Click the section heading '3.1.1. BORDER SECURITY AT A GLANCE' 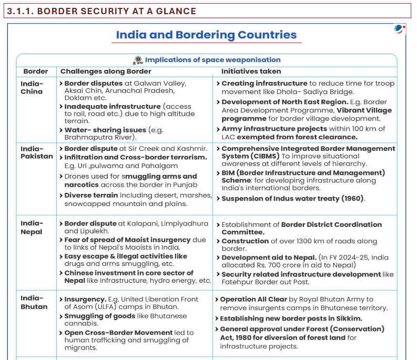[x=101, y=11]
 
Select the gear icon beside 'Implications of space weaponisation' [x=138, y=60]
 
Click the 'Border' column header [x=36, y=71]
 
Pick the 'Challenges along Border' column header [x=106, y=71]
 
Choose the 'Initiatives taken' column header [x=251, y=71]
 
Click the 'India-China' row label [x=32, y=87]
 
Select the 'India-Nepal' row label [x=32, y=228]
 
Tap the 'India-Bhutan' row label [x=34, y=303]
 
